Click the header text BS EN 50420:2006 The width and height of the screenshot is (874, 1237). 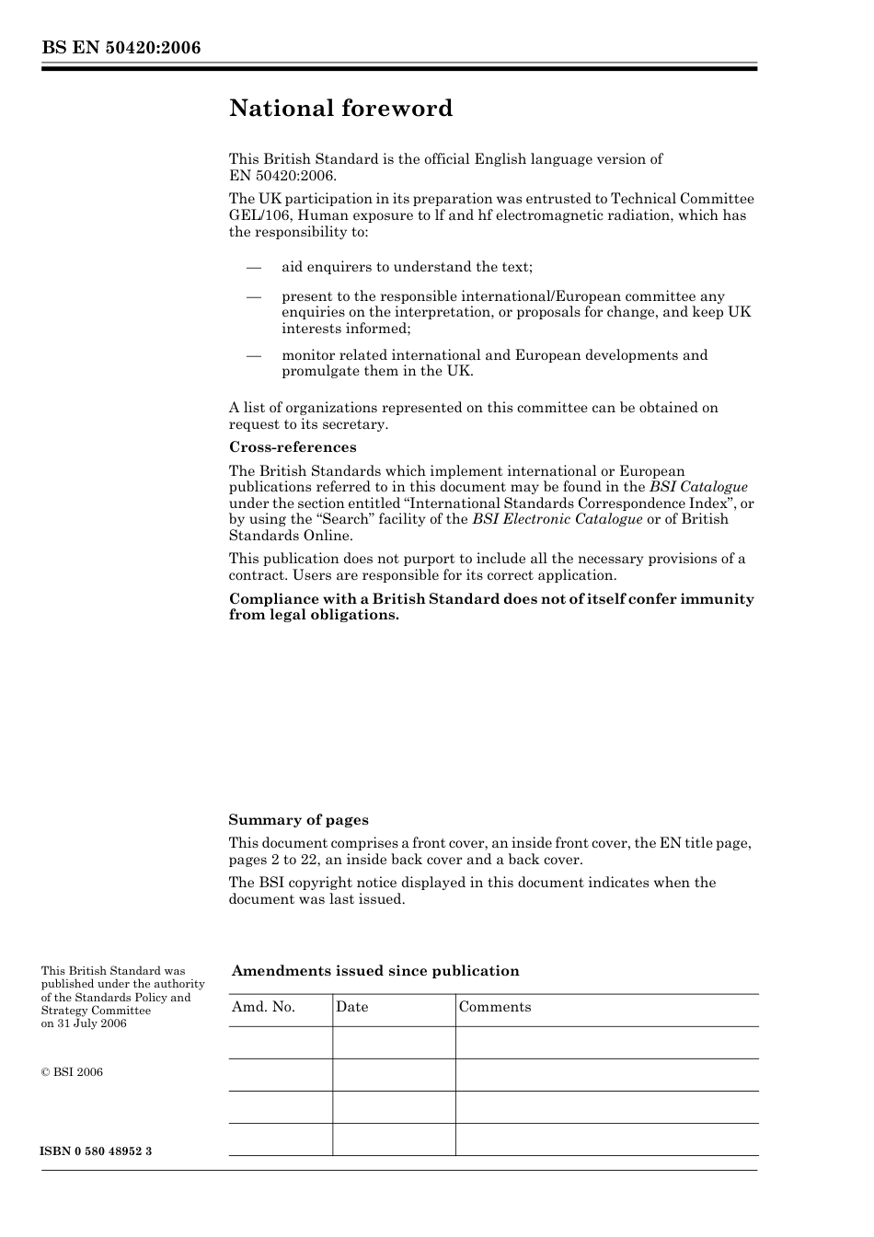(x=121, y=48)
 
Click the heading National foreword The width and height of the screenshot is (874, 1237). (x=340, y=109)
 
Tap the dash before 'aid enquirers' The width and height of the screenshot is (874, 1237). (x=253, y=267)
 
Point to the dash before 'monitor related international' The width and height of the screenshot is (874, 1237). (x=253, y=355)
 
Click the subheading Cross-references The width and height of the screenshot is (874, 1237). (x=293, y=447)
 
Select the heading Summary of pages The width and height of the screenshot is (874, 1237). (x=298, y=820)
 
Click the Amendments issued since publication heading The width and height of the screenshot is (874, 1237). (x=375, y=971)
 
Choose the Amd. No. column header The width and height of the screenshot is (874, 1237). (x=263, y=1007)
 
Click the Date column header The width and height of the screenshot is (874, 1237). (x=351, y=1007)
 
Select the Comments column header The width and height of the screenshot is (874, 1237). (x=495, y=1007)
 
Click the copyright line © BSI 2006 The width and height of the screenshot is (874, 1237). (x=72, y=1072)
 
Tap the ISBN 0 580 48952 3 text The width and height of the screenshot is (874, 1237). (x=96, y=1152)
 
